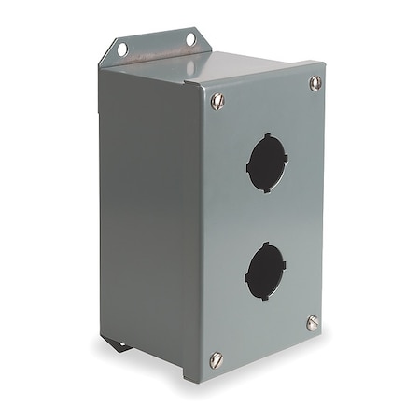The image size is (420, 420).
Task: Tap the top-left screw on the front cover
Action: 217,101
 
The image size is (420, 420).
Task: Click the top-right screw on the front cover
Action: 315,83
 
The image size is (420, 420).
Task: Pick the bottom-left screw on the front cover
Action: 217,359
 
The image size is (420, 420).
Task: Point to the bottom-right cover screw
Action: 314,323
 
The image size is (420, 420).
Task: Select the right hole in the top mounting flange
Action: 190,39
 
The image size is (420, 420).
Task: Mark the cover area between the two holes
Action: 267,217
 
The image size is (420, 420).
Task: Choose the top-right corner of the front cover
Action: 324,65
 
